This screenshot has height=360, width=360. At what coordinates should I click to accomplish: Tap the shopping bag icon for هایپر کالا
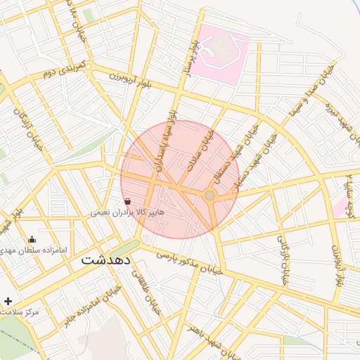click(136, 201)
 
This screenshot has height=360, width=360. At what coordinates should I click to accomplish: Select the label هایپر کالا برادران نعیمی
click(127, 212)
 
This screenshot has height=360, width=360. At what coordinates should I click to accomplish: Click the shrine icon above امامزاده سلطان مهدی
click(32, 240)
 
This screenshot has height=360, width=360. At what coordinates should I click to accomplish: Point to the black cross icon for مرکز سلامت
click(8, 301)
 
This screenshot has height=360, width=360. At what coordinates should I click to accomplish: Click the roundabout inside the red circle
click(210, 195)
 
